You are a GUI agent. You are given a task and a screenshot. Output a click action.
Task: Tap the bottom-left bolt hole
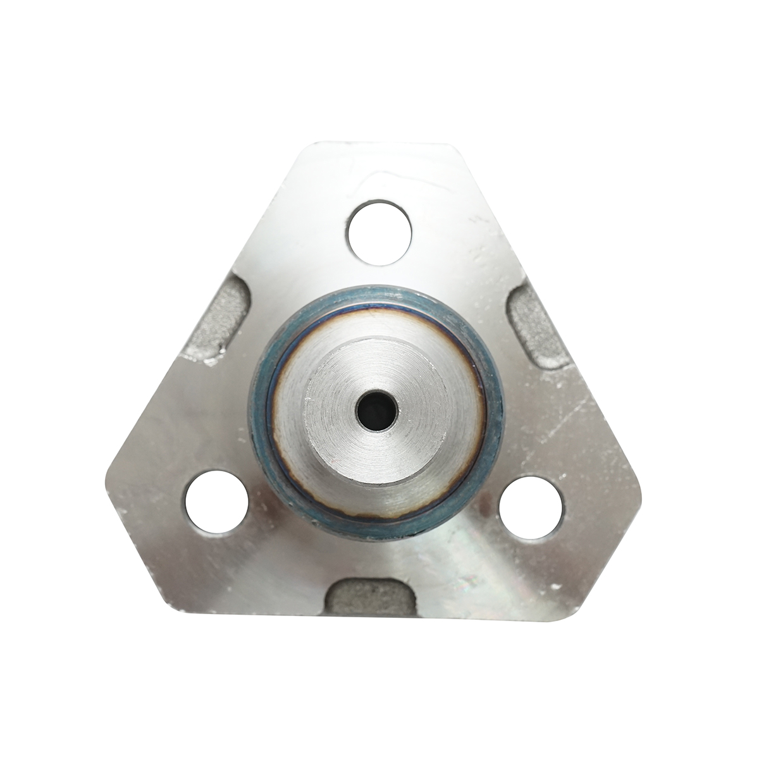(216, 503)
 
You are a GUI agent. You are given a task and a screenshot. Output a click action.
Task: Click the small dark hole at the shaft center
(376, 412)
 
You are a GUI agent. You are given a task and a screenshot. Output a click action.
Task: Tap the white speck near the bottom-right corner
(556, 586)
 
